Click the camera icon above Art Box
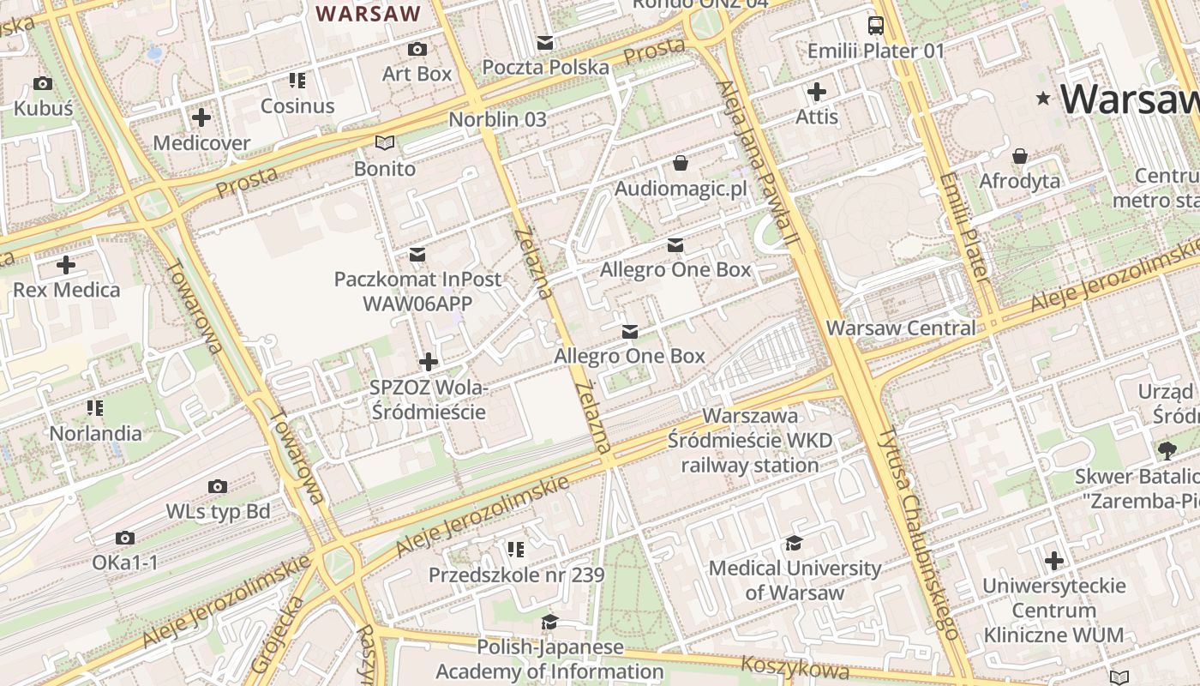(x=417, y=50)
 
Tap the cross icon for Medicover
(x=201, y=117)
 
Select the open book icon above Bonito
(x=385, y=142)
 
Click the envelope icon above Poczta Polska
(x=545, y=43)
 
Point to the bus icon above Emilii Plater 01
(x=875, y=26)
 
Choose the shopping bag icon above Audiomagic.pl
(x=681, y=162)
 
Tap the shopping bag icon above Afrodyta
(x=1020, y=156)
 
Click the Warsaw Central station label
(x=900, y=328)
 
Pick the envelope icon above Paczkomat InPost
(x=417, y=255)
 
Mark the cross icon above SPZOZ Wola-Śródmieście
(x=429, y=362)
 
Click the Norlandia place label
(x=95, y=433)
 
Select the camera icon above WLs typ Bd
(x=218, y=487)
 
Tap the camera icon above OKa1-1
(x=125, y=539)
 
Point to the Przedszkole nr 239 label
(x=516, y=575)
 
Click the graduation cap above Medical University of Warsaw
(x=794, y=543)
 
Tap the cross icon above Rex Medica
(x=66, y=265)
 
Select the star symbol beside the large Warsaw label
(x=1043, y=99)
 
